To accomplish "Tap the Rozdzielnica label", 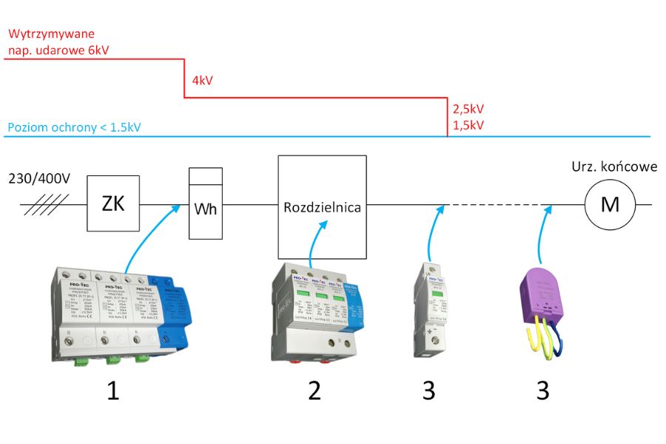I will coord(322,207).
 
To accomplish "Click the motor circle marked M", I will coord(609,204).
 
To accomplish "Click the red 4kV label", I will coord(202,81).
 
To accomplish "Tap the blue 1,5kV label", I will coord(468,125).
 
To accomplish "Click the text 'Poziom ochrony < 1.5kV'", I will coord(74,127).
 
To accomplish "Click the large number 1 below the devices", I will coord(112,390).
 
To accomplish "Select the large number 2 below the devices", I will coord(314,390).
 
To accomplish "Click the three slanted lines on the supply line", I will coord(46,204).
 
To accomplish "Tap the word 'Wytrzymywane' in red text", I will coord(51,35).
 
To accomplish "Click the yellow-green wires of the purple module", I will coord(533,337).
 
